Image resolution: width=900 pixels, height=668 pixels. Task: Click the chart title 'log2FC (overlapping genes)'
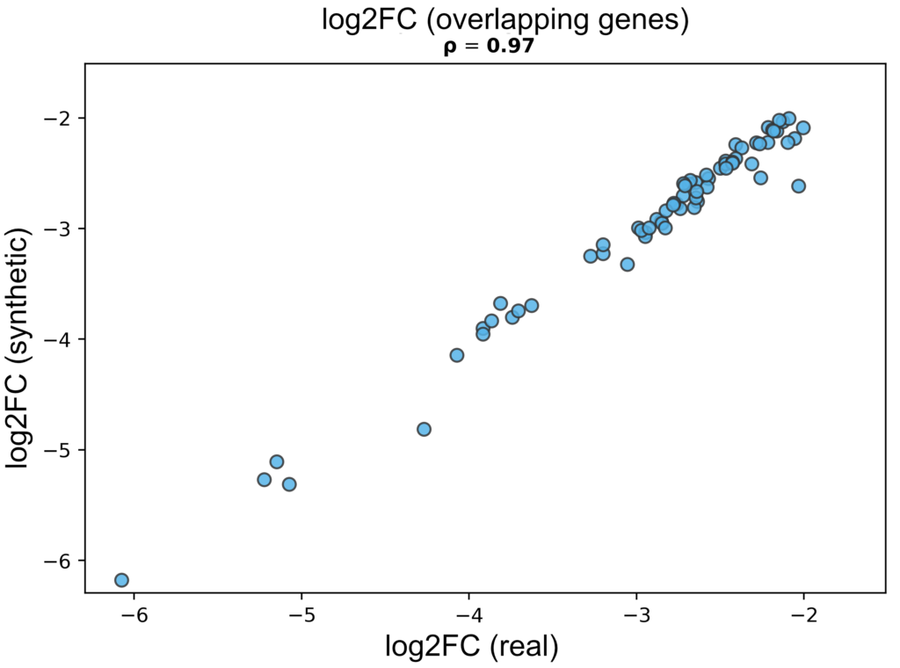(504, 21)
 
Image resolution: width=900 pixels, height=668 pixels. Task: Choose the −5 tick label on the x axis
(301, 612)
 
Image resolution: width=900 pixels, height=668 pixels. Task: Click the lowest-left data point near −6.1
(121, 580)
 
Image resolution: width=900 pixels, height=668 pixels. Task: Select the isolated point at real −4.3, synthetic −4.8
(424, 429)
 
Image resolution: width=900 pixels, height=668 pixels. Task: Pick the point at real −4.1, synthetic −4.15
(457, 355)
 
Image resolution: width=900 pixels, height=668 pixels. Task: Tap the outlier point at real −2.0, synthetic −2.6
(798, 186)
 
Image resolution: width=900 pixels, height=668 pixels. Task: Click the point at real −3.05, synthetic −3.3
(628, 264)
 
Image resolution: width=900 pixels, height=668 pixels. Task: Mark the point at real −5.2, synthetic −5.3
(264, 480)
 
